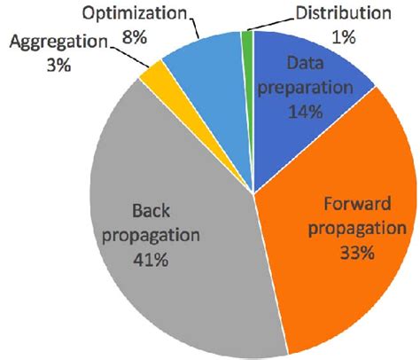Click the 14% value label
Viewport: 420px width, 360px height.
[x=306, y=114]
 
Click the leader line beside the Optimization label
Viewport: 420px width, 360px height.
[x=199, y=25]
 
